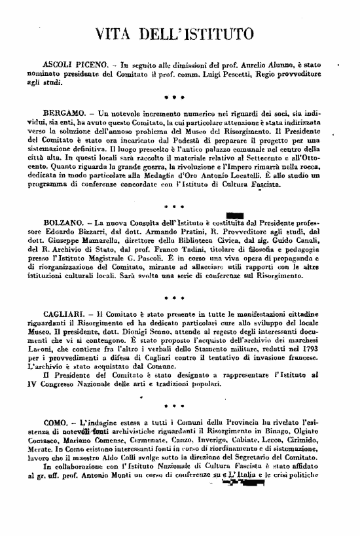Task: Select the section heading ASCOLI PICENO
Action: (71, 67)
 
